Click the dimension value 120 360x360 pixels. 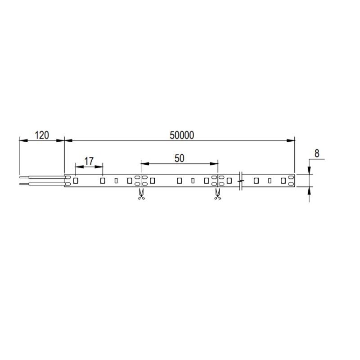[x=42, y=135]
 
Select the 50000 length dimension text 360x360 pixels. [x=182, y=135]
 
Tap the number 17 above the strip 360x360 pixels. [x=89, y=161]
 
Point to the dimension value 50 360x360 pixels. [x=179, y=158]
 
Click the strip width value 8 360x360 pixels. [x=317, y=153]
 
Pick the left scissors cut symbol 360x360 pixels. [x=141, y=194]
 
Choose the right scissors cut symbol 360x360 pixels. [x=217, y=194]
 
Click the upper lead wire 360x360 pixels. [x=43, y=177]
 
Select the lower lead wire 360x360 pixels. [x=43, y=184]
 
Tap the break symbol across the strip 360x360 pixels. [x=240, y=181]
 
